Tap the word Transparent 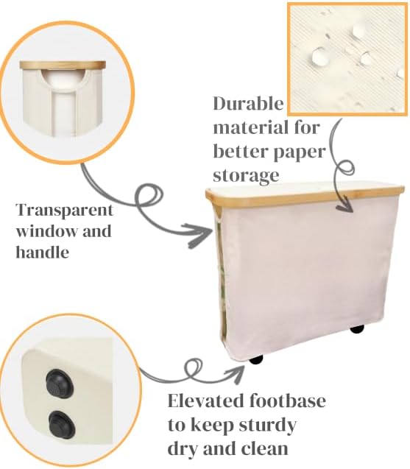coord(63,209)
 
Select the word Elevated coord(203,403)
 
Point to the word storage coord(247,175)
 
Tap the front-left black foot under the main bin coord(256,360)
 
